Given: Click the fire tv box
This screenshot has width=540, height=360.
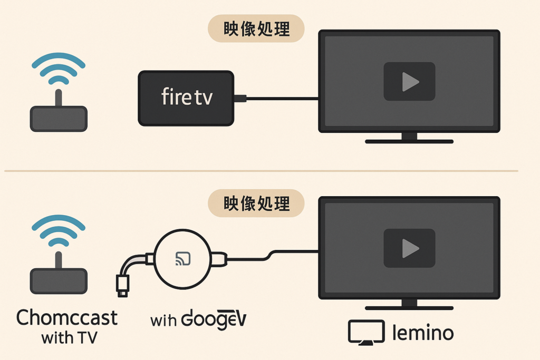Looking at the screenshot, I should (186, 98).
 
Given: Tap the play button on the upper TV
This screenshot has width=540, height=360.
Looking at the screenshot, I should (409, 81).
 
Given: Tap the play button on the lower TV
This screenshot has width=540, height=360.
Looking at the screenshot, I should (409, 248).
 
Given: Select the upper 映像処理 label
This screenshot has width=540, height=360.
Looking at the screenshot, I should (257, 28).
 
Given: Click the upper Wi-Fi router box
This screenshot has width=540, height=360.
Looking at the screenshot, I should (59, 119).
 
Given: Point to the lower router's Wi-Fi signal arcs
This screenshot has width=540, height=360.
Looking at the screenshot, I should (59, 232).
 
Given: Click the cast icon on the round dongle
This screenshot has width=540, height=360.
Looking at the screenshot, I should (183, 258).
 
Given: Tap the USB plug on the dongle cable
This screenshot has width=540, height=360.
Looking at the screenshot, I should (122, 285).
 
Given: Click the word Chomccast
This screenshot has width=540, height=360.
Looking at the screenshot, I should (67, 317).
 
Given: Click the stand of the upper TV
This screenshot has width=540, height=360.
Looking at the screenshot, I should (409, 139).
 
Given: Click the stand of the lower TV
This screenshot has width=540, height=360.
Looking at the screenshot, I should (409, 306).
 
